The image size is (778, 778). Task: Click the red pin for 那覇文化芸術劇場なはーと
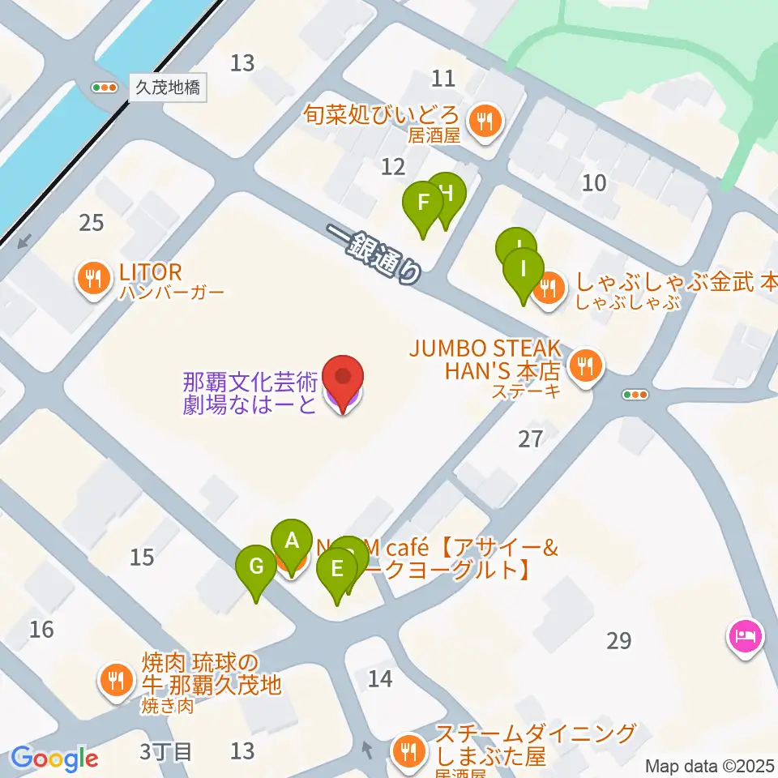(344, 381)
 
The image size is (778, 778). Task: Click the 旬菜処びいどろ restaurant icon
(486, 122)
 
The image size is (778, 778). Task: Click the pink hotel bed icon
(745, 635)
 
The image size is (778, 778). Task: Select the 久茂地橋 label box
(168, 88)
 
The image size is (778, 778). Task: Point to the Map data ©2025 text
(710, 766)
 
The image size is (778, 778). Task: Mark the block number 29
(618, 641)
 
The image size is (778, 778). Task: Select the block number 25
(92, 222)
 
